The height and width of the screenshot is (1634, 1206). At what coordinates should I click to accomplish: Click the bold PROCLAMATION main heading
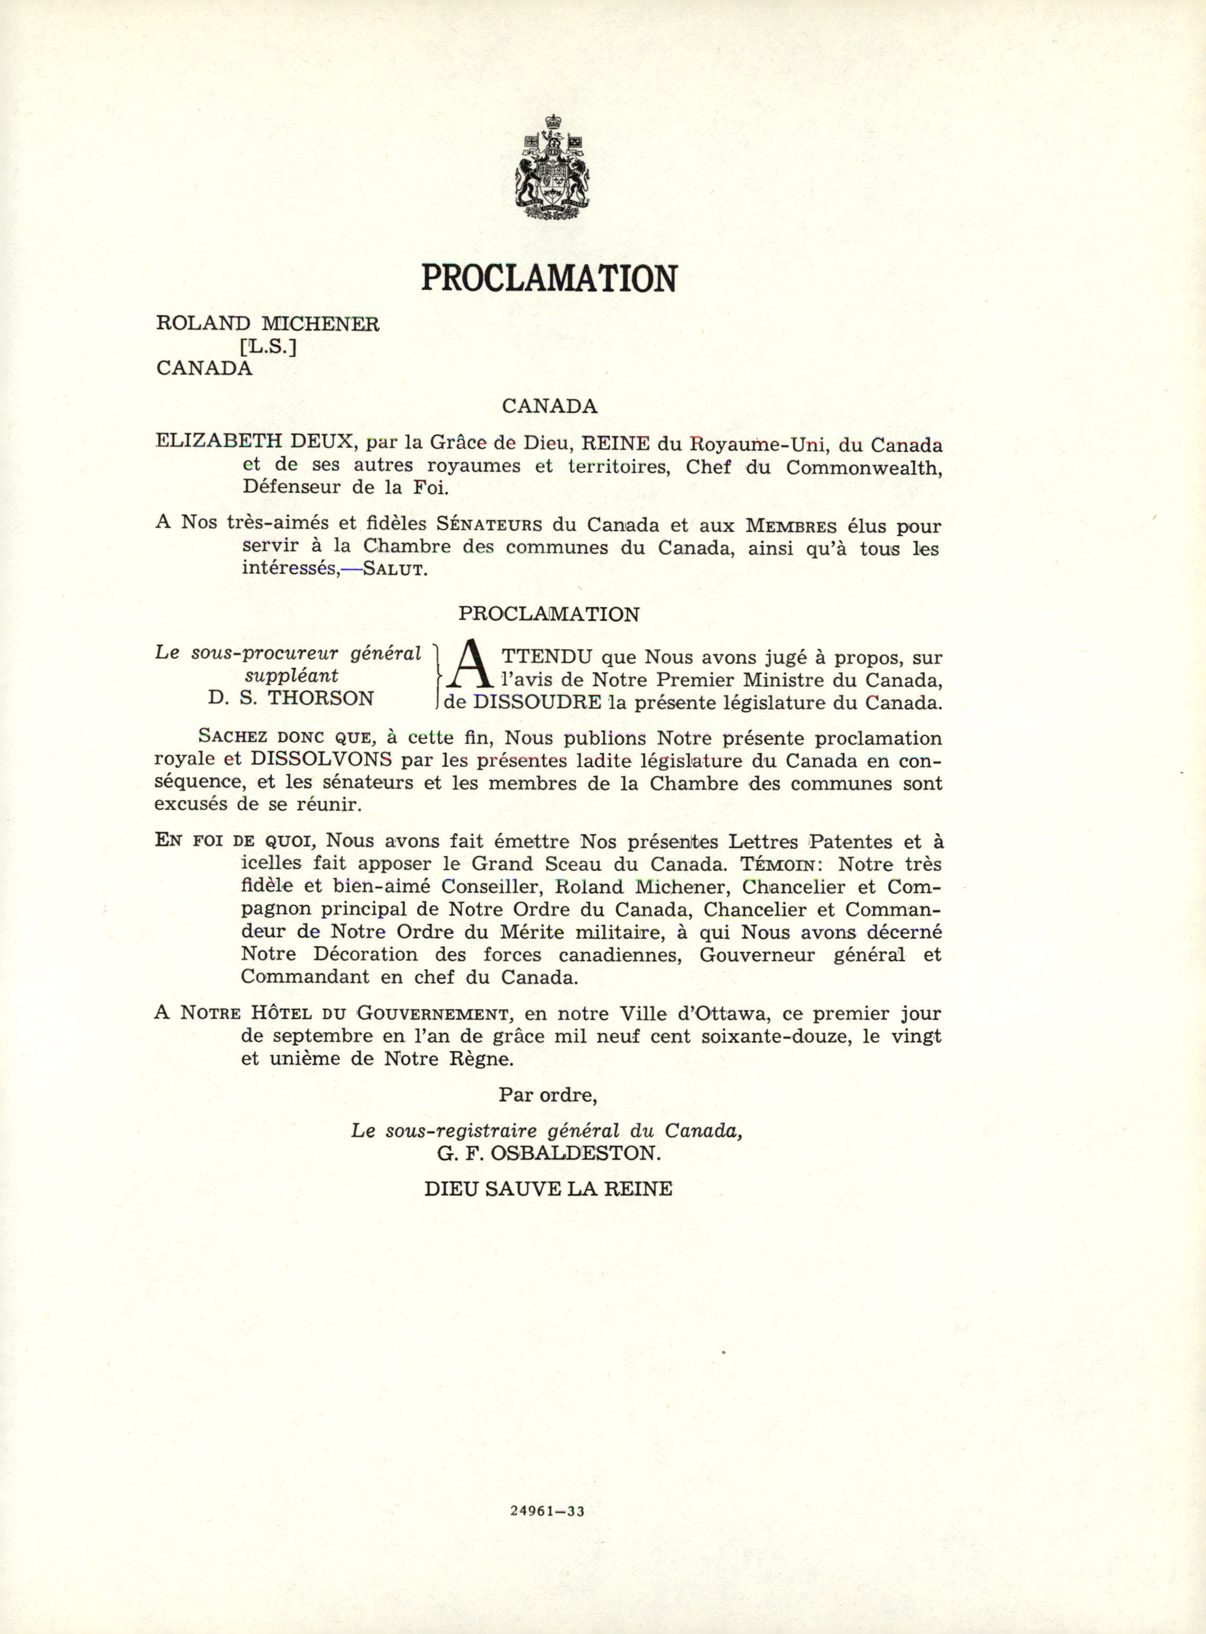549,278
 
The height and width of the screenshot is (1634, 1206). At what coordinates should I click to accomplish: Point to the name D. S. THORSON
291,698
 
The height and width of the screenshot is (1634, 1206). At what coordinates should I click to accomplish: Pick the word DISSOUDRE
537,703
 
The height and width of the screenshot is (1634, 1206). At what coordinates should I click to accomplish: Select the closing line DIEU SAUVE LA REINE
548,1189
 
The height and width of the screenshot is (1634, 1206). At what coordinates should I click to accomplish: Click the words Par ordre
548,1095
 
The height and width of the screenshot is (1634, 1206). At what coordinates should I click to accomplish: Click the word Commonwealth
864,468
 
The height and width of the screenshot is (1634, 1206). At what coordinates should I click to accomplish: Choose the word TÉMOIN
780,865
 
